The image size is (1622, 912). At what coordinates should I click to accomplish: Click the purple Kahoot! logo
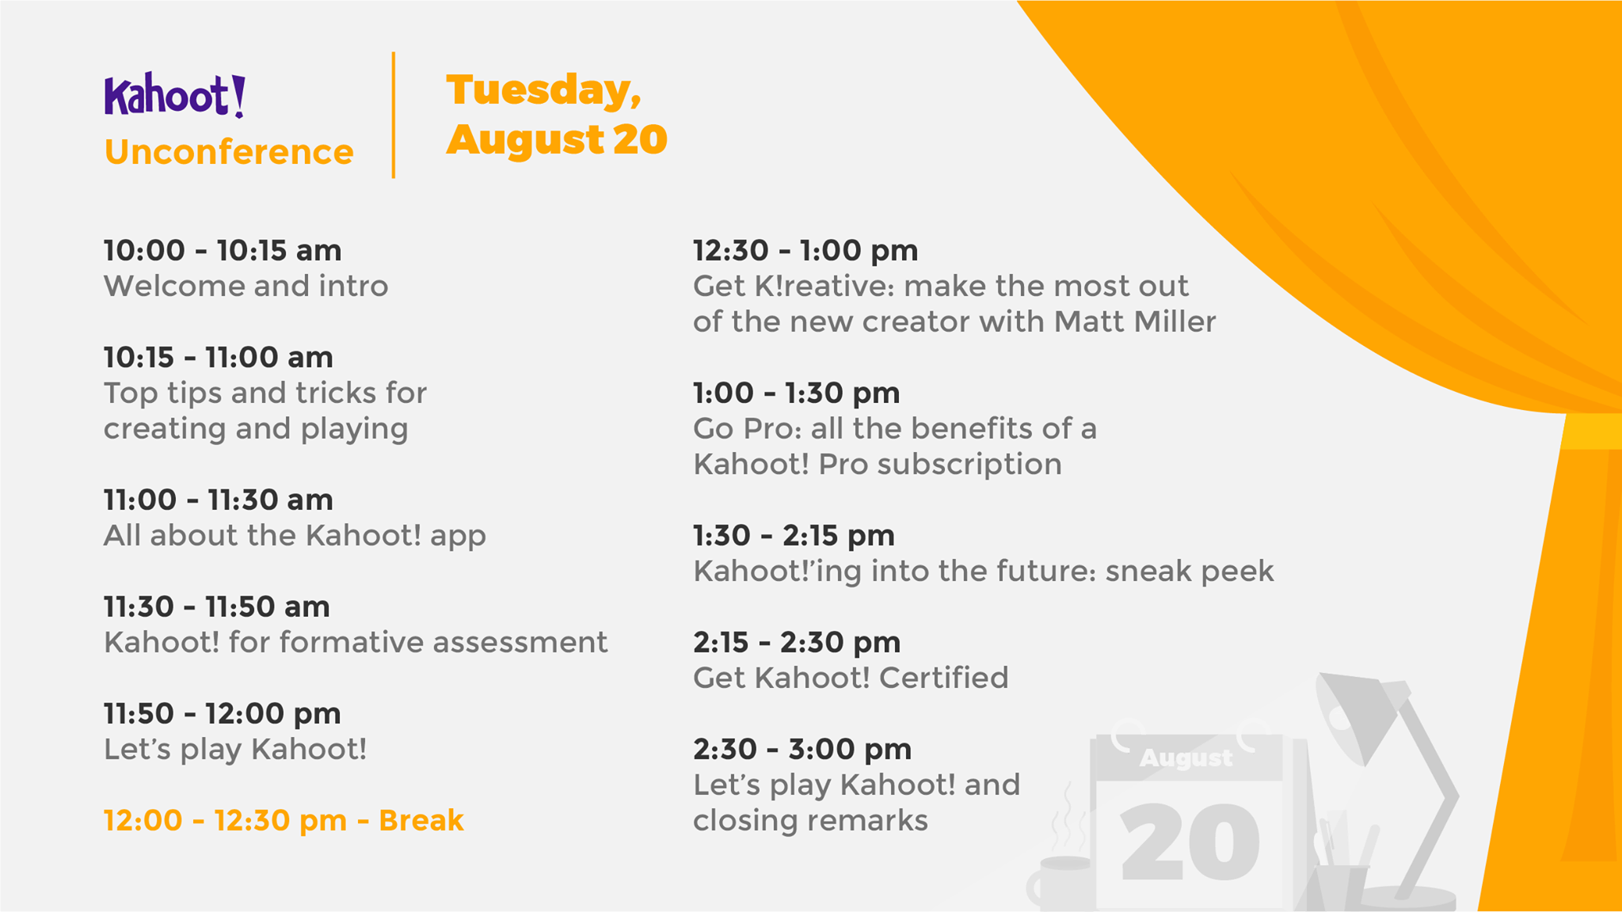pyautogui.click(x=174, y=96)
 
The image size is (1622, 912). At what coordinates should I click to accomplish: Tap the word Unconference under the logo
pyautogui.click(x=229, y=152)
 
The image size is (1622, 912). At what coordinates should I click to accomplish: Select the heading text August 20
pyautogui.click(x=557, y=140)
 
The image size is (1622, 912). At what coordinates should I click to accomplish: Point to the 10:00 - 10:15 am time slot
pyautogui.click(x=223, y=251)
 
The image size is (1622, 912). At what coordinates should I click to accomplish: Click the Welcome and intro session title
pyautogui.click(x=246, y=286)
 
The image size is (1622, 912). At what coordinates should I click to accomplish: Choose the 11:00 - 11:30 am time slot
pyautogui.click(x=219, y=500)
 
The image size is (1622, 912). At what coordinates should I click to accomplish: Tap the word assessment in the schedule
pyautogui.click(x=520, y=642)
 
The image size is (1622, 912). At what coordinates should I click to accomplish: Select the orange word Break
pyautogui.click(x=421, y=821)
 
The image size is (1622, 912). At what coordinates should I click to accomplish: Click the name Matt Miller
pyautogui.click(x=1135, y=321)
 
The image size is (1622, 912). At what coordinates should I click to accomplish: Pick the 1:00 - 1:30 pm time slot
pyautogui.click(x=797, y=393)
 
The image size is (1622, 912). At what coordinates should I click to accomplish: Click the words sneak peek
pyautogui.click(x=1190, y=572)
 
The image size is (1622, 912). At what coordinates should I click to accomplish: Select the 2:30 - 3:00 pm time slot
pyautogui.click(x=802, y=750)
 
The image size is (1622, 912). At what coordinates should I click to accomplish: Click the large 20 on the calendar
pyautogui.click(x=1190, y=842)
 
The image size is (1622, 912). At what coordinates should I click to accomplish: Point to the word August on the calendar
pyautogui.click(x=1186, y=758)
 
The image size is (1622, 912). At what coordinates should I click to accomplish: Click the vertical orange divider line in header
pyautogui.click(x=394, y=116)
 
